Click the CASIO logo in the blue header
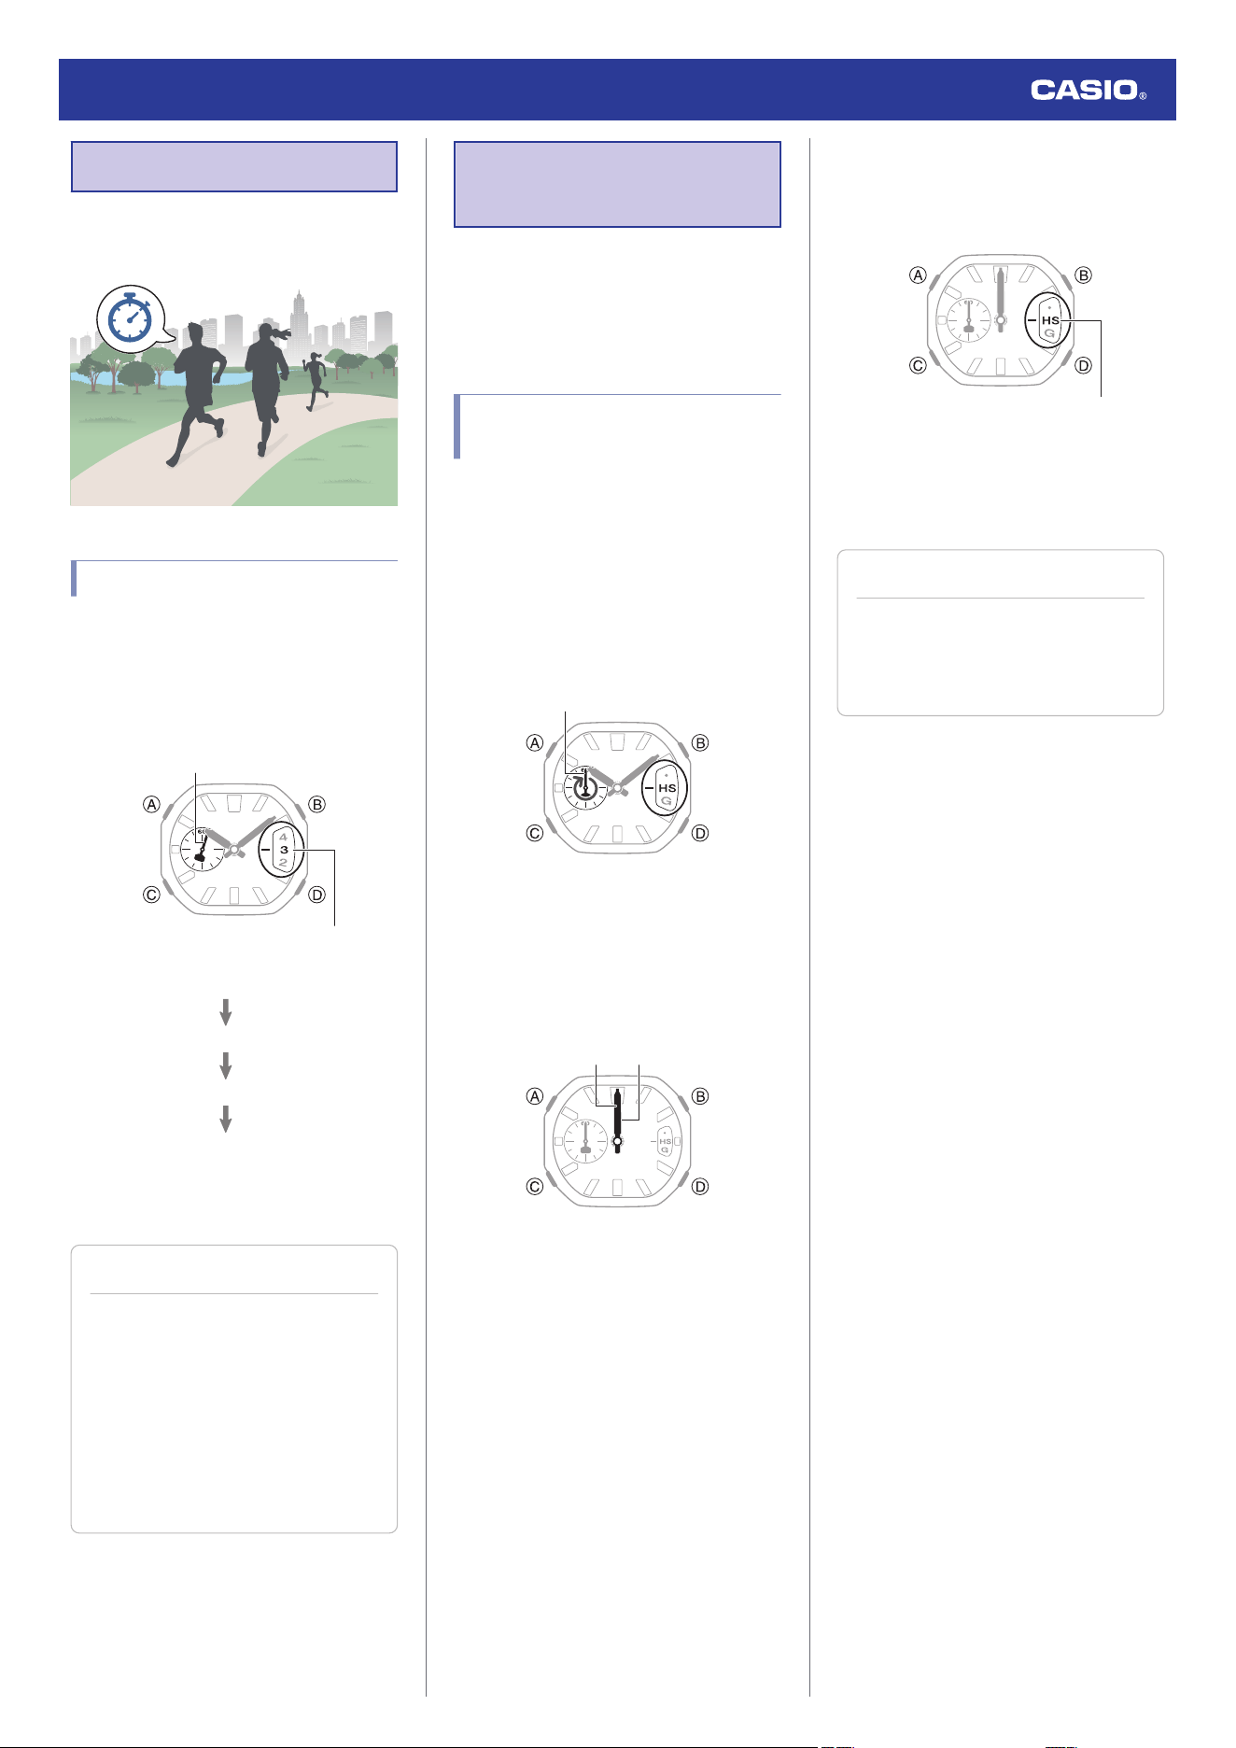click(1088, 91)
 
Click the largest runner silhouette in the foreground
click(196, 392)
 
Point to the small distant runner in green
click(316, 381)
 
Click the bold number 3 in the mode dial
click(284, 850)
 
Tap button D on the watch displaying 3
click(317, 895)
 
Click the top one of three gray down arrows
click(225, 1012)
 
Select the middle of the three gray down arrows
click(225, 1065)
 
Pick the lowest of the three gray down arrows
click(225, 1119)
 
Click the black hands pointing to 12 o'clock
click(617, 1121)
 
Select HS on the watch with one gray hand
click(1050, 320)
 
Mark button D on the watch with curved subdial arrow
click(700, 833)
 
